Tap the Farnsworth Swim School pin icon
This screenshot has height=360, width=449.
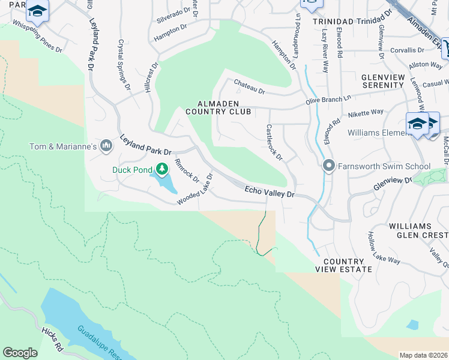point(328,166)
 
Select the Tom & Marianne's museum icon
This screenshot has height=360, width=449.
point(106,146)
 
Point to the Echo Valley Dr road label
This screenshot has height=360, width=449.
point(270,192)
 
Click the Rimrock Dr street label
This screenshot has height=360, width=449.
point(186,170)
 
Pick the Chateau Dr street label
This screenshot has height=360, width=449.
point(249,88)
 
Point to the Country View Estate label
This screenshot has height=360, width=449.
point(348,266)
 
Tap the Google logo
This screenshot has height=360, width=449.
point(20,353)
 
